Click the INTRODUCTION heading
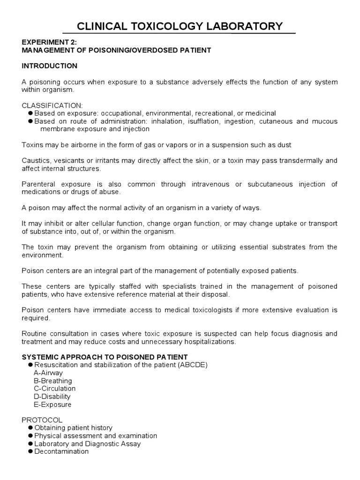pos(49,66)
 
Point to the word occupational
pos(123,113)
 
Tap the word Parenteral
pos(39,184)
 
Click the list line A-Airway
pos(48,373)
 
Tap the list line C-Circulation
pos(54,389)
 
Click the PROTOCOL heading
pos(42,420)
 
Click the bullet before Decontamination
pos(30,451)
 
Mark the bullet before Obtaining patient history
pos(30,428)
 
